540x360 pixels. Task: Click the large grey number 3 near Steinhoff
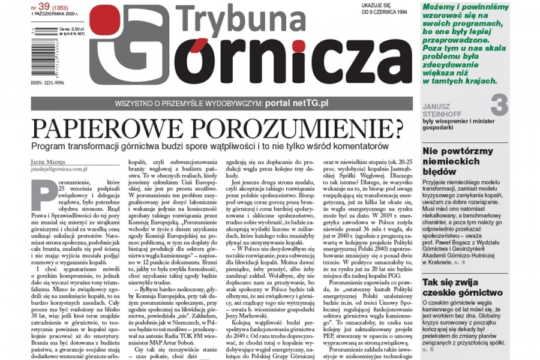[x=516, y=106]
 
